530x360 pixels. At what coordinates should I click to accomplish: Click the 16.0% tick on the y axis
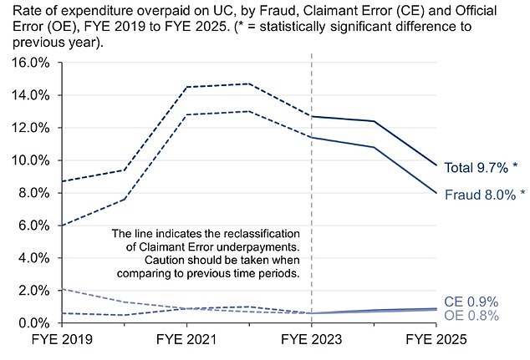(x=29, y=63)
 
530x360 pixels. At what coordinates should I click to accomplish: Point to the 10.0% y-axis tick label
(x=29, y=160)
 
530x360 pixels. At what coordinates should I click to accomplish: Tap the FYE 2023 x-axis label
(x=311, y=341)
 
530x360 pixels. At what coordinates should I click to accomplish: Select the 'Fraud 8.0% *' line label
(x=485, y=195)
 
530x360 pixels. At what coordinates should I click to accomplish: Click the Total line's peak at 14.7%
(x=248, y=84)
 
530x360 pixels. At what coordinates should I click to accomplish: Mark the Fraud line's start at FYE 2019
(x=62, y=226)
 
